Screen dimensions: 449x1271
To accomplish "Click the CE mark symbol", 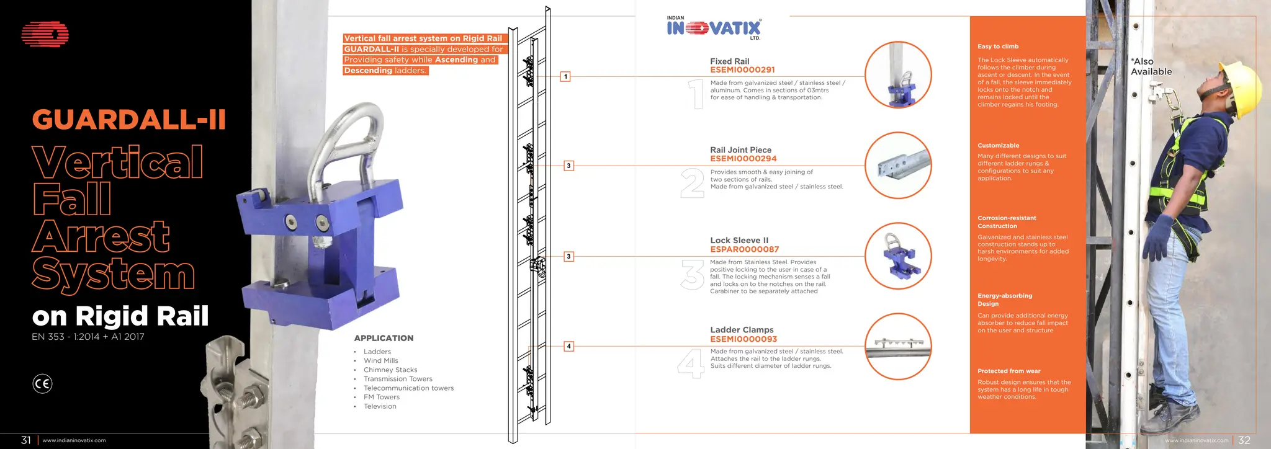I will tap(42, 384).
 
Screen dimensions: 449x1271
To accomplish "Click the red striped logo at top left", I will tap(45, 35).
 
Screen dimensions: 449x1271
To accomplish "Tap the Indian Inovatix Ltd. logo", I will tap(714, 29).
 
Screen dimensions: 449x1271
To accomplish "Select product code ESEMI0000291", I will tap(742, 70).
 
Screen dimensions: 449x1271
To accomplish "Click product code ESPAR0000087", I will tap(744, 249).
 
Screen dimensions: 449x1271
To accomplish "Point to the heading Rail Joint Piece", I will tap(740, 150).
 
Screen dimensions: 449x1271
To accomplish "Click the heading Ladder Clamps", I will tap(742, 330).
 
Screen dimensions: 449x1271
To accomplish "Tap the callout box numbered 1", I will tap(565, 77).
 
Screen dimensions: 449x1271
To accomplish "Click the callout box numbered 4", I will tap(568, 346).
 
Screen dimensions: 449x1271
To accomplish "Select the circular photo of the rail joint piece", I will tap(897, 166).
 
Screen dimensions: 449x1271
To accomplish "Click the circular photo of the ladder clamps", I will tap(897, 347).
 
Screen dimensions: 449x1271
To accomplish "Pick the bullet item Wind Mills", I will tap(380, 360).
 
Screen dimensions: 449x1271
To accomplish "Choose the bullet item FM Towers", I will tap(381, 397).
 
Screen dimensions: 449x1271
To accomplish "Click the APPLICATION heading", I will tap(384, 338).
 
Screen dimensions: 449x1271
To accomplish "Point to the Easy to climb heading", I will tap(998, 47).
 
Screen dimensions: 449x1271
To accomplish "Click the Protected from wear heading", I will tap(1008, 371).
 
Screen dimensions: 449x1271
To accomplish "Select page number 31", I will tap(26, 440).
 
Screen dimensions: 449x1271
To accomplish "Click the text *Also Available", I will tap(1151, 66).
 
